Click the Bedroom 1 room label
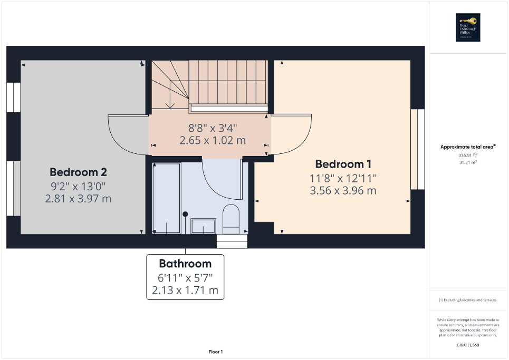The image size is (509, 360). [340, 164]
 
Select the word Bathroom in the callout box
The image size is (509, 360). [185, 264]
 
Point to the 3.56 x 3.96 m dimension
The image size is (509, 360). [343, 190]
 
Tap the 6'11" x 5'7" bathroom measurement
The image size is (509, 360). [185, 277]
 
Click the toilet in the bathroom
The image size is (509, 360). [231, 220]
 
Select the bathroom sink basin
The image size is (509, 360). [203, 226]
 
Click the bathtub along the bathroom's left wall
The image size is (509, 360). [166, 198]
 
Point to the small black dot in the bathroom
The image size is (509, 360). [186, 214]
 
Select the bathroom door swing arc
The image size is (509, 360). [222, 179]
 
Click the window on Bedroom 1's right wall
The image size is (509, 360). [417, 149]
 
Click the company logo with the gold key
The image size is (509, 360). [467, 27]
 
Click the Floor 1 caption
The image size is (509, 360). [216, 352]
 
